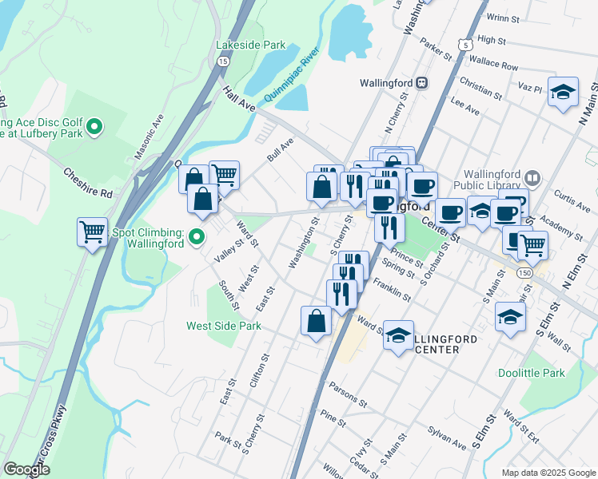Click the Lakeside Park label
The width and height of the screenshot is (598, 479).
tap(250, 46)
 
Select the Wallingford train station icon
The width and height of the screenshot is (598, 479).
tap(422, 82)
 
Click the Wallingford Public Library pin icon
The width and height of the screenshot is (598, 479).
tap(534, 176)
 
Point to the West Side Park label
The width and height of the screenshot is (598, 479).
tap(224, 326)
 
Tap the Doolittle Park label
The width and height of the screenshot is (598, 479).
tap(531, 373)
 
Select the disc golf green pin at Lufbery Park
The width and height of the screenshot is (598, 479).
tap(94, 125)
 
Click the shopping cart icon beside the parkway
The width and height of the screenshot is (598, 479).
tap(93, 232)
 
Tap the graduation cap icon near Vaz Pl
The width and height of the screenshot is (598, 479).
tap(564, 91)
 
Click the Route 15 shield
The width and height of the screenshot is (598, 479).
tap(222, 61)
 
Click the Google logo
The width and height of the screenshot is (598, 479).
tap(27, 469)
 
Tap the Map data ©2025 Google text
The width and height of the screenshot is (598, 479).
tap(548, 472)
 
